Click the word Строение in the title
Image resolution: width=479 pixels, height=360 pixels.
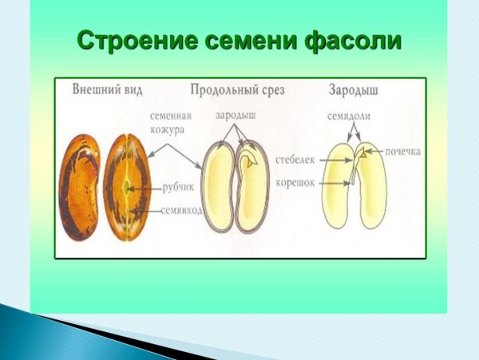[x=131, y=40]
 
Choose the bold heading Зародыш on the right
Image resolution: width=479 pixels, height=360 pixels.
[x=352, y=90]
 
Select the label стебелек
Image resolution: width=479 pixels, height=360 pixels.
[x=295, y=160]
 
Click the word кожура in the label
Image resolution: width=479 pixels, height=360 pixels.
[x=168, y=129]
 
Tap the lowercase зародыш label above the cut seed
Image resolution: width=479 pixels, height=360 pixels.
[x=235, y=116]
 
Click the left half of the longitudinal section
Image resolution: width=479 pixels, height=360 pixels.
[x=216, y=188]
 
